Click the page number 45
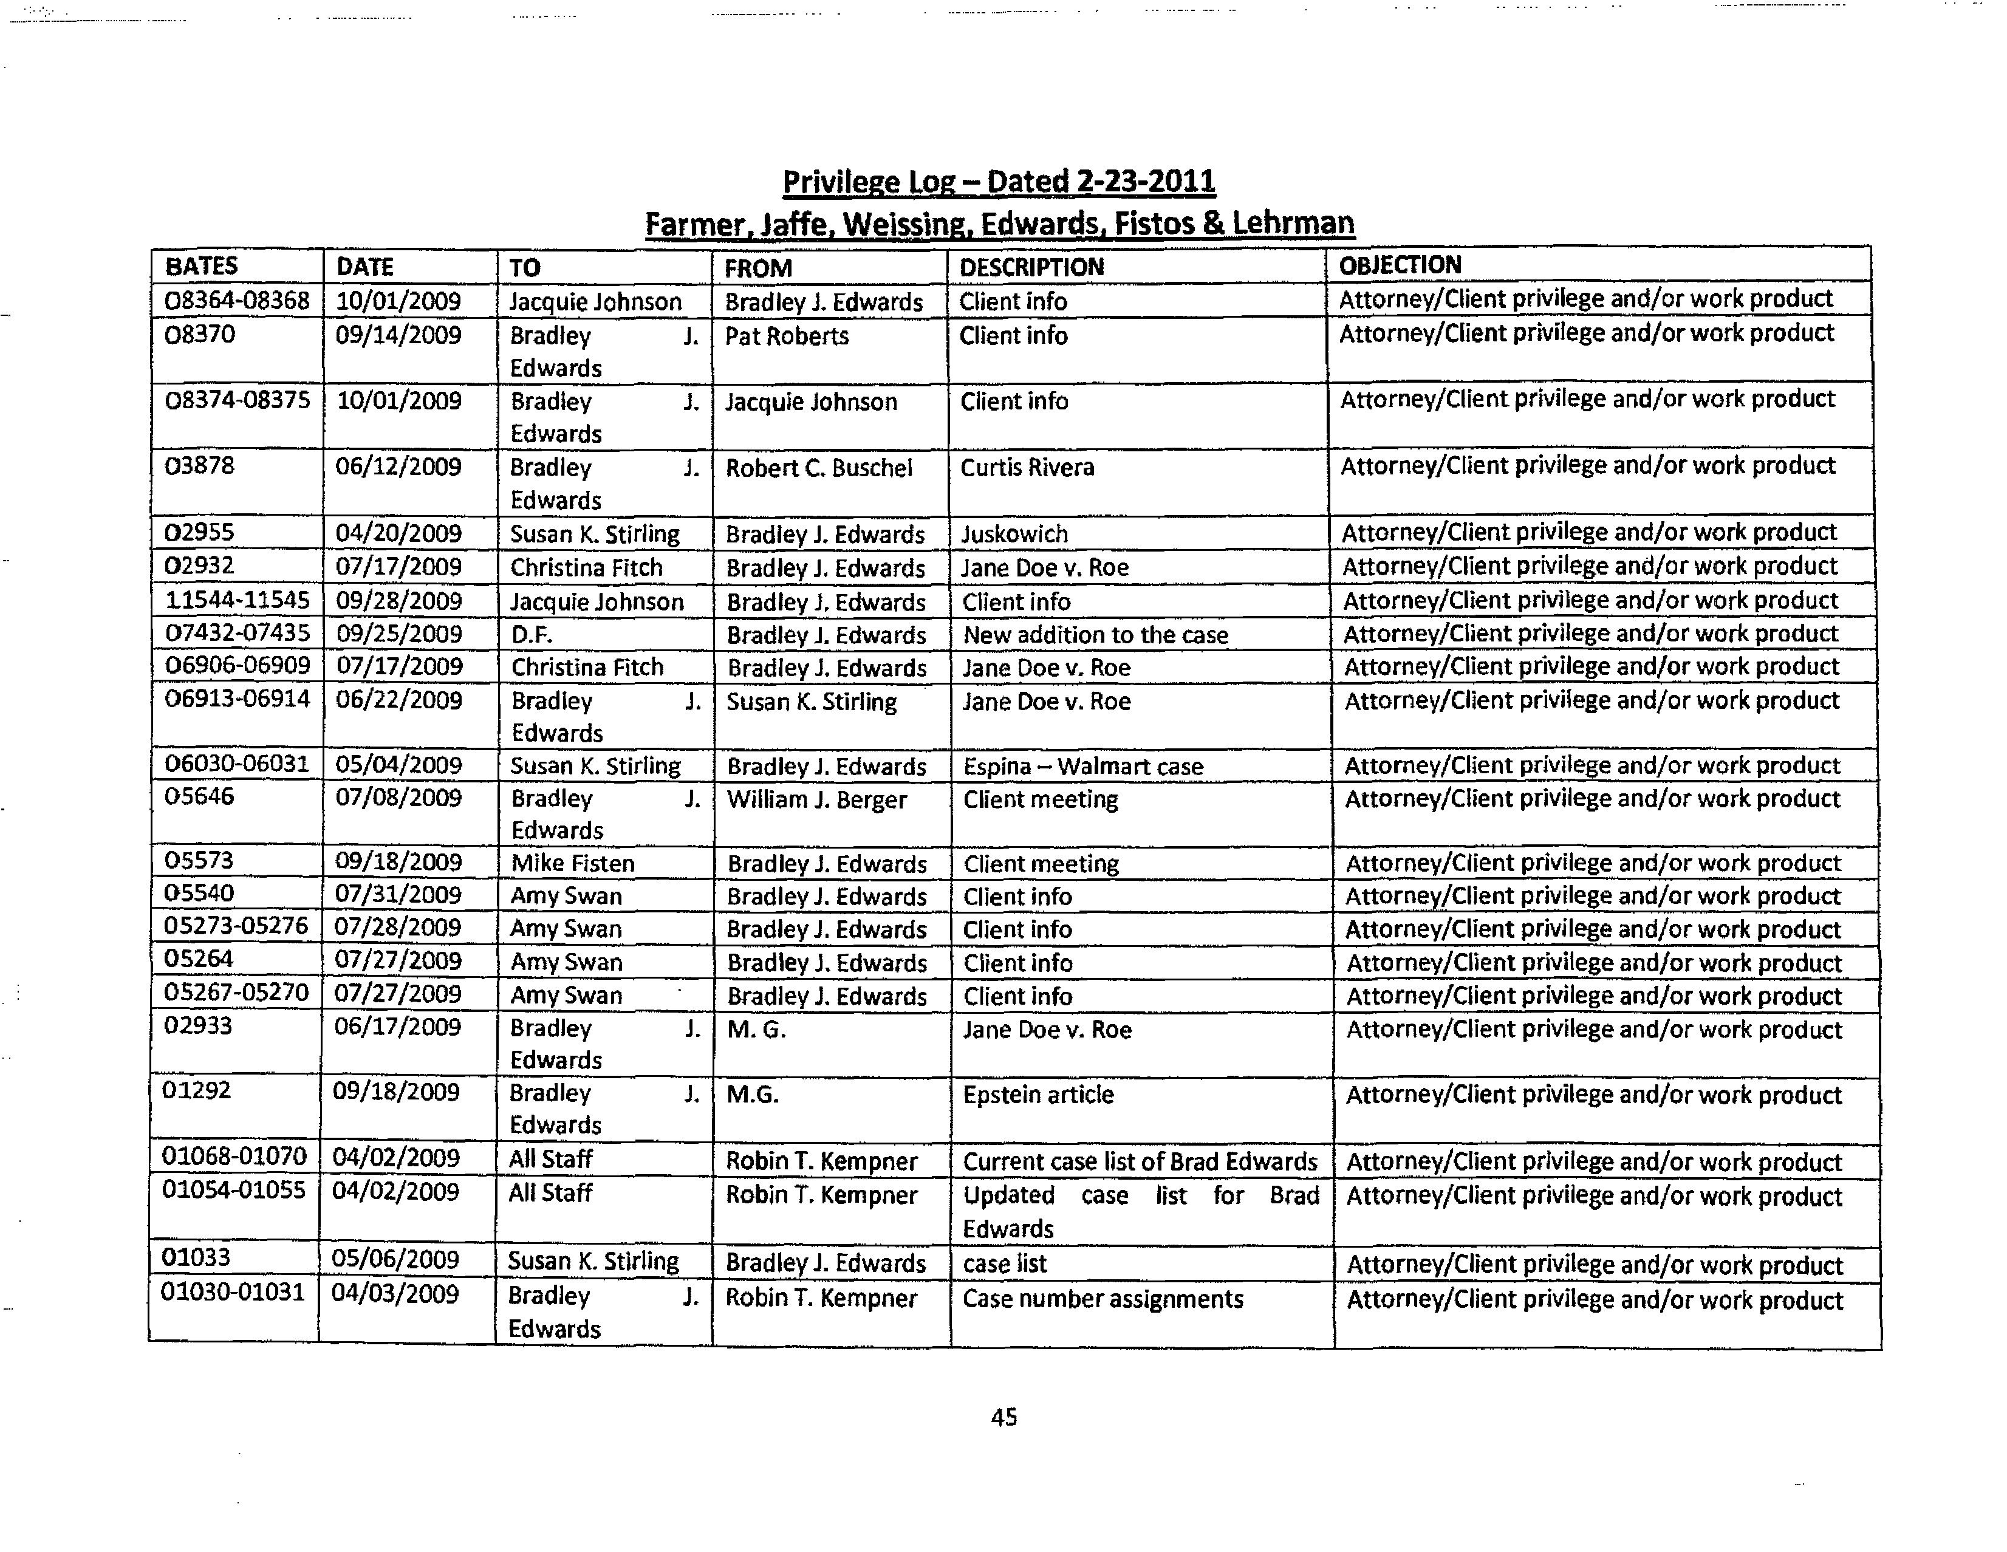[x=1003, y=1417]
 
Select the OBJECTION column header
[x=1400, y=265]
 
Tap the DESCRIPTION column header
[x=1031, y=267]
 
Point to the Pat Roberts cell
[x=787, y=337]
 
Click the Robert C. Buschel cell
[x=819, y=468]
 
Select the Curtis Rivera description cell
[x=1027, y=468]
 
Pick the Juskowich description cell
[x=1014, y=534]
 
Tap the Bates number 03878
[x=199, y=466]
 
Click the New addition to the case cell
[x=1095, y=635]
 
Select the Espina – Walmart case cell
[x=1082, y=767]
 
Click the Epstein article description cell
[x=1038, y=1095]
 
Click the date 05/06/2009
[x=396, y=1260]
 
